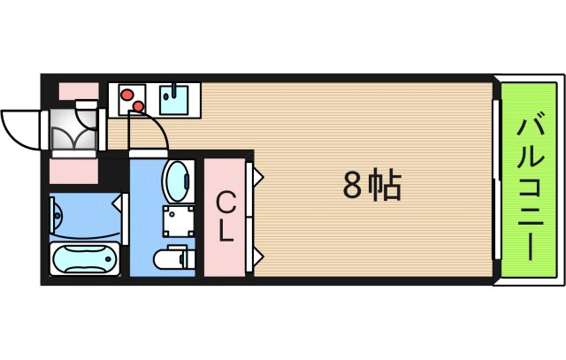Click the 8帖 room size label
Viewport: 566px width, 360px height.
click(x=372, y=186)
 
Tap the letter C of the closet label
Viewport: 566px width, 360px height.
click(x=227, y=203)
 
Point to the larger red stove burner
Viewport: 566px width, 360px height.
click(x=128, y=95)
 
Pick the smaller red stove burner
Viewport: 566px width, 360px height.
click(x=139, y=108)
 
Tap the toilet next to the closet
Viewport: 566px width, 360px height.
click(x=173, y=259)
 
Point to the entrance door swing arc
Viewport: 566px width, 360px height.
click(x=19, y=124)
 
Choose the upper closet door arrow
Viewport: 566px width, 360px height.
click(x=257, y=176)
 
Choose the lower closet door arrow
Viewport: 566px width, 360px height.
click(x=257, y=257)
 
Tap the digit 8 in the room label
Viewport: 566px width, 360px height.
click(x=352, y=186)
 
